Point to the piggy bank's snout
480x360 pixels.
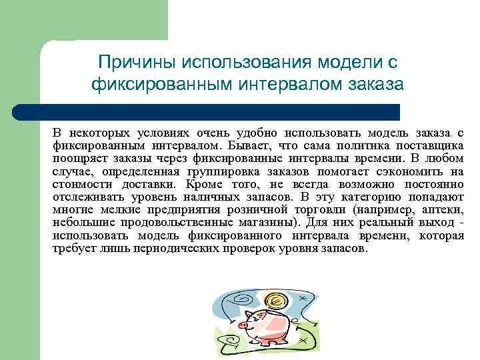[243, 325]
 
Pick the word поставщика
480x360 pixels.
[427, 145]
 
